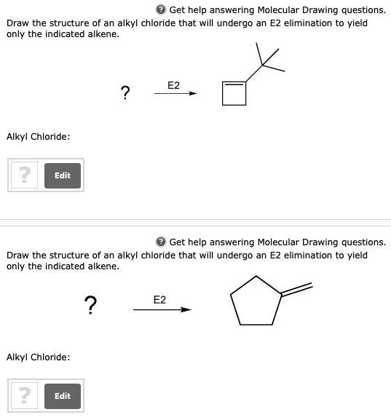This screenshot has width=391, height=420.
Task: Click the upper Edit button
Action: (x=63, y=175)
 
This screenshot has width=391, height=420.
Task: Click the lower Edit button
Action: (x=63, y=395)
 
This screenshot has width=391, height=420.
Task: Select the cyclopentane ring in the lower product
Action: (x=256, y=301)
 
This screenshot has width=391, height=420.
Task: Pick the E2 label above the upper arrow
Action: (x=174, y=85)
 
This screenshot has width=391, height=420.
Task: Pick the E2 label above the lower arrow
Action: (x=159, y=299)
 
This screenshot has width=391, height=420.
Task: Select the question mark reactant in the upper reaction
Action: (x=126, y=92)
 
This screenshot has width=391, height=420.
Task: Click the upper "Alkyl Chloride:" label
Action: (x=38, y=136)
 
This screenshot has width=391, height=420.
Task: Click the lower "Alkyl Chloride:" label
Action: (x=38, y=357)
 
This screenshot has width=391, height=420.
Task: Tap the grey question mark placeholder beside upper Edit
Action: (x=25, y=175)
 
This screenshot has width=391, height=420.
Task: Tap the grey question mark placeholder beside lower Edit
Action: (x=25, y=395)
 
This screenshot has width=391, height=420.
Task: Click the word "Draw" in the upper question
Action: (x=18, y=23)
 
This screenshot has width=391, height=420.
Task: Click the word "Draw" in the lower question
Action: (x=18, y=255)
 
